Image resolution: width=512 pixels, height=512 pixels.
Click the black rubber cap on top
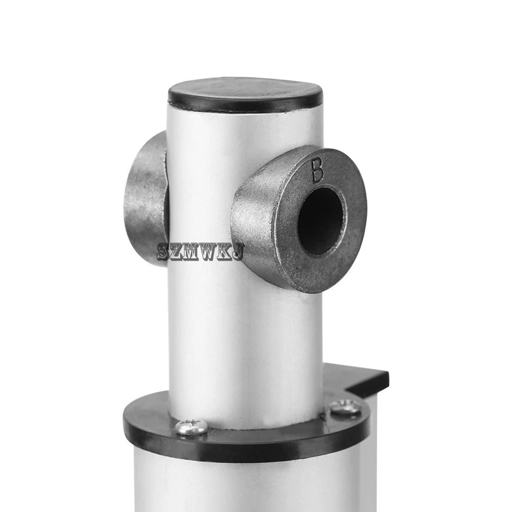(245, 95)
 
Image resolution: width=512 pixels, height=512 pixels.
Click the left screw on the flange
(191, 426)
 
